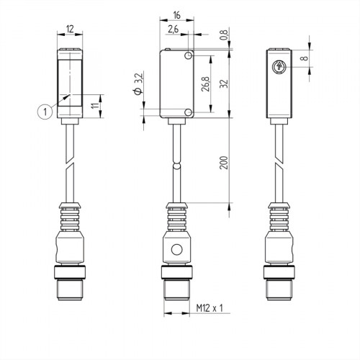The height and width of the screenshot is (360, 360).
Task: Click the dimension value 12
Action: [x=70, y=29]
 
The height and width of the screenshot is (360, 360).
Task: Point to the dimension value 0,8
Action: [x=223, y=33]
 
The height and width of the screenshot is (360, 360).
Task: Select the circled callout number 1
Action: [x=45, y=110]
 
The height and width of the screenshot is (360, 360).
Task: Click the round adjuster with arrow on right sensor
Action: [x=279, y=67]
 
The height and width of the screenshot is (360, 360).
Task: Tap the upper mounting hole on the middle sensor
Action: [x=189, y=55]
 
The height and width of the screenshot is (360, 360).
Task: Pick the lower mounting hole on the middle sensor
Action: [x=189, y=112]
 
